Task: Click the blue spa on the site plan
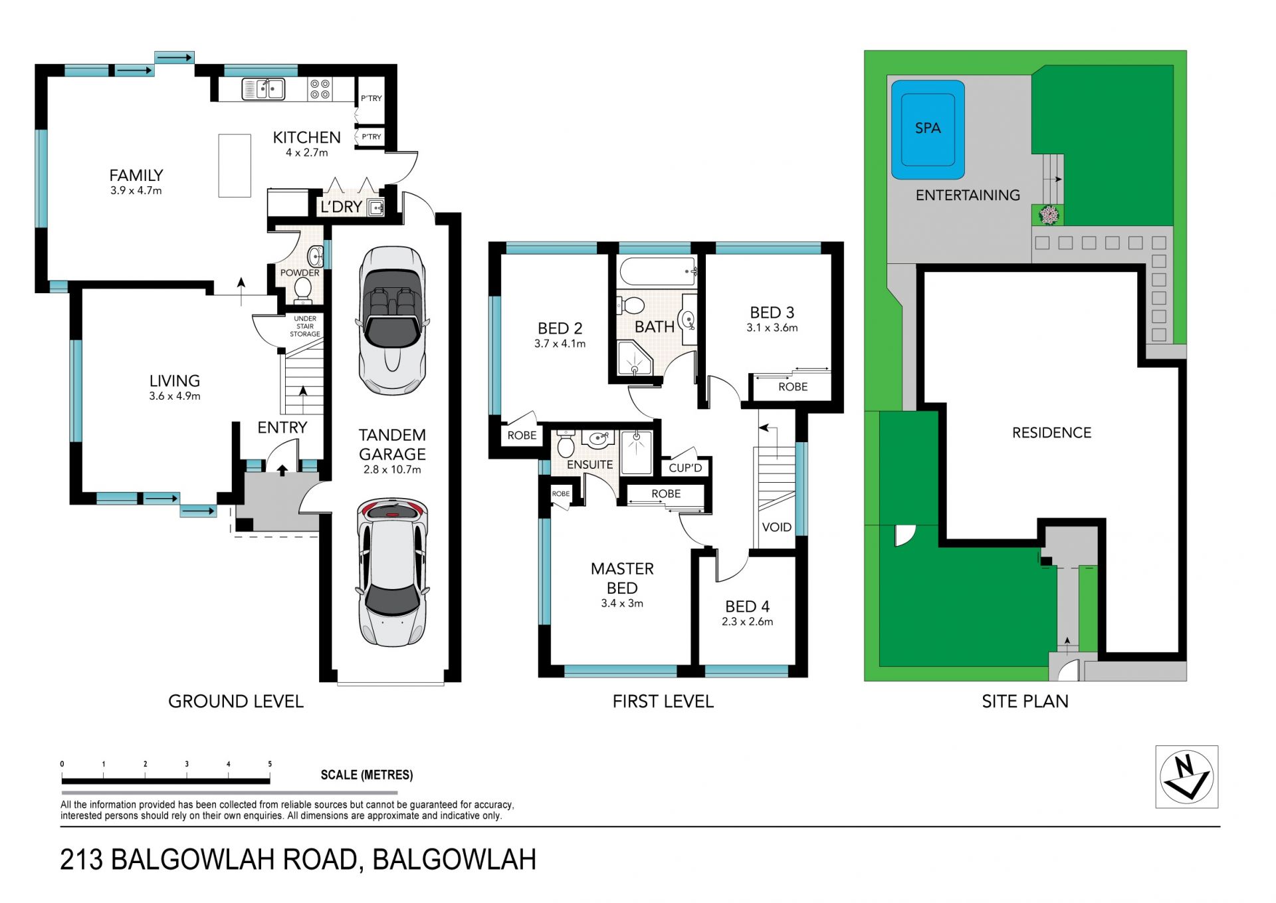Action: [x=928, y=130]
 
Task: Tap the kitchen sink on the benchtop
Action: [x=263, y=89]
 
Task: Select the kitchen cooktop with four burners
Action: [x=320, y=89]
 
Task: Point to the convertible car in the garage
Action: [x=392, y=321]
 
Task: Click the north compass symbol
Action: [x=1187, y=777]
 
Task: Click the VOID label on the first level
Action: [x=776, y=527]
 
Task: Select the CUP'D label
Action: [x=685, y=468]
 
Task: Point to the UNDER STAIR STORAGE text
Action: [x=305, y=326]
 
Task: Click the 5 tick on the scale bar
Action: [x=270, y=765]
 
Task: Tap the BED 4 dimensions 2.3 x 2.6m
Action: [x=748, y=622]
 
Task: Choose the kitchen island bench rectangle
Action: [x=235, y=166]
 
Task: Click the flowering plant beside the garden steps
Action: [x=1049, y=215]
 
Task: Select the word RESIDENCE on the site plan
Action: [x=1051, y=433]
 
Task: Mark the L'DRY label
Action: [x=342, y=207]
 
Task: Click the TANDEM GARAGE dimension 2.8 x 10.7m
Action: [x=392, y=469]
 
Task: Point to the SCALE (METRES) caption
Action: [x=367, y=775]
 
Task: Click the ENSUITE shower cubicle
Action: [x=636, y=452]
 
